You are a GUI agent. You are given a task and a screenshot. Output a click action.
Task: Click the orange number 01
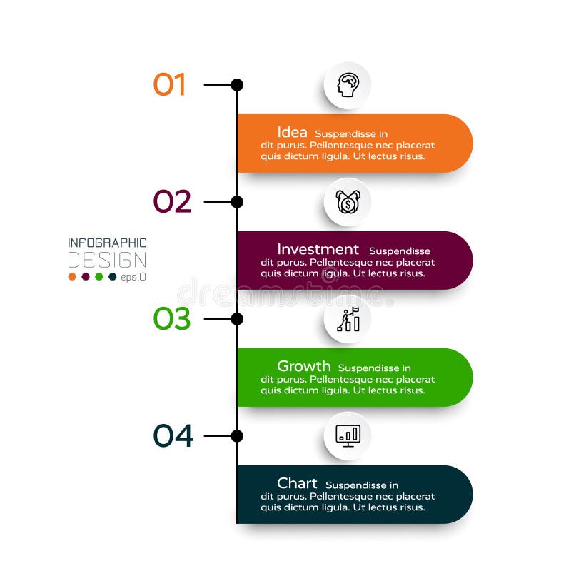pos(169,85)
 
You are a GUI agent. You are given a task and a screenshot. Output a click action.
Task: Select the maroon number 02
pos(172,202)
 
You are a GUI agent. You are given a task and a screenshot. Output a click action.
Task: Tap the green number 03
pos(172,319)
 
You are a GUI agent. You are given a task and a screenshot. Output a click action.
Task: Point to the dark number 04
pos(173,436)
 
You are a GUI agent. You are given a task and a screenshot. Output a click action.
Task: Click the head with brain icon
pos(348,85)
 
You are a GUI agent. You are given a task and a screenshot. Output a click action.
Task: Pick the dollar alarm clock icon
pos(348,202)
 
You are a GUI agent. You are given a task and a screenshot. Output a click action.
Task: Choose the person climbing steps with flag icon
pos(348,319)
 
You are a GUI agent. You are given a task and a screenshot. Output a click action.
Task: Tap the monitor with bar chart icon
pos(348,435)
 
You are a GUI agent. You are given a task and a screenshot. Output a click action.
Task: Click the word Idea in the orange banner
pos(292,132)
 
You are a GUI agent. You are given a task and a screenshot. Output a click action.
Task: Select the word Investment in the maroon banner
pos(318,249)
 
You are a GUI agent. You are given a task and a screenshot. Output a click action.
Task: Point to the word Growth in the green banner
pos(303,366)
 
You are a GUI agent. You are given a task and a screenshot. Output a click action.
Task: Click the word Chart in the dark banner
pos(297,483)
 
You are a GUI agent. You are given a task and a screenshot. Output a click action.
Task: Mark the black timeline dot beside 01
pos(237,85)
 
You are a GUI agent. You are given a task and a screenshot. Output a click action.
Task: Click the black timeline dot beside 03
pos(237,319)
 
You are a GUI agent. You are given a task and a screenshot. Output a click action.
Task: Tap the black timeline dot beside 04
pos(237,436)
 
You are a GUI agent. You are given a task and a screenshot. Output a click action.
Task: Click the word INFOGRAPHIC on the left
pos(107,243)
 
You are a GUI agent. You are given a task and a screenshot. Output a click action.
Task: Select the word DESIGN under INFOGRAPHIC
pos(107,260)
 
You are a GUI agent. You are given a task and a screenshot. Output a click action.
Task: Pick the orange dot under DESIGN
pos(72,276)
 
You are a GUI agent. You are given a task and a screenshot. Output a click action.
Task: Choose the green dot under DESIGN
pos(99,276)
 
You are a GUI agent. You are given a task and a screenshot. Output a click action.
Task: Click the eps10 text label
pos(133,277)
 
